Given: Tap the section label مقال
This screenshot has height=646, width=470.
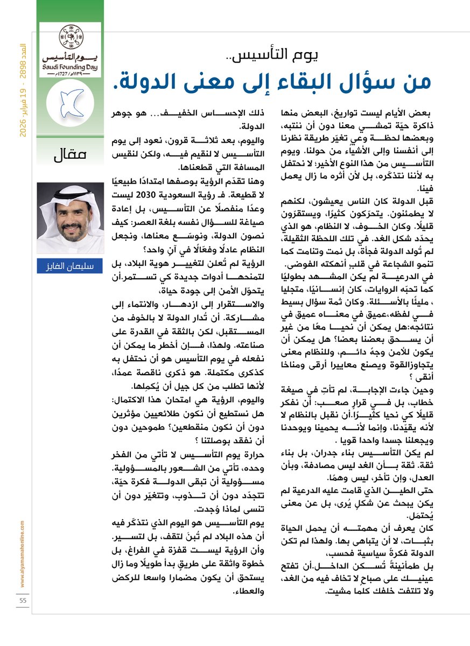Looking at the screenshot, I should (71, 156).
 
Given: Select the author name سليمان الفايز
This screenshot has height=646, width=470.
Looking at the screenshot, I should (70, 265).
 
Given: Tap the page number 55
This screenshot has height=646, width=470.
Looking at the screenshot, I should (23, 600).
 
